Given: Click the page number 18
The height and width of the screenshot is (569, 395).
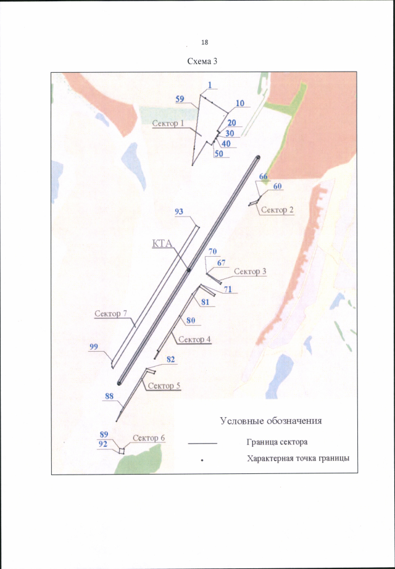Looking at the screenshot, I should (204, 42).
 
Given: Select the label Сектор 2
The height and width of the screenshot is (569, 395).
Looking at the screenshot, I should (277, 210).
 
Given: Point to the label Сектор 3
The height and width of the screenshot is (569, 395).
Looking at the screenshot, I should (250, 272).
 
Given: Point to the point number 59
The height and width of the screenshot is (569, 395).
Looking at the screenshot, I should (180, 99).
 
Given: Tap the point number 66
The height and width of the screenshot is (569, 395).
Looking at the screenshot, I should (263, 177).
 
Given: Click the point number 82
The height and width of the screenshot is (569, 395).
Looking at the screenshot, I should (171, 359).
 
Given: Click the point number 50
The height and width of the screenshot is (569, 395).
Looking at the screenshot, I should (218, 154).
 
